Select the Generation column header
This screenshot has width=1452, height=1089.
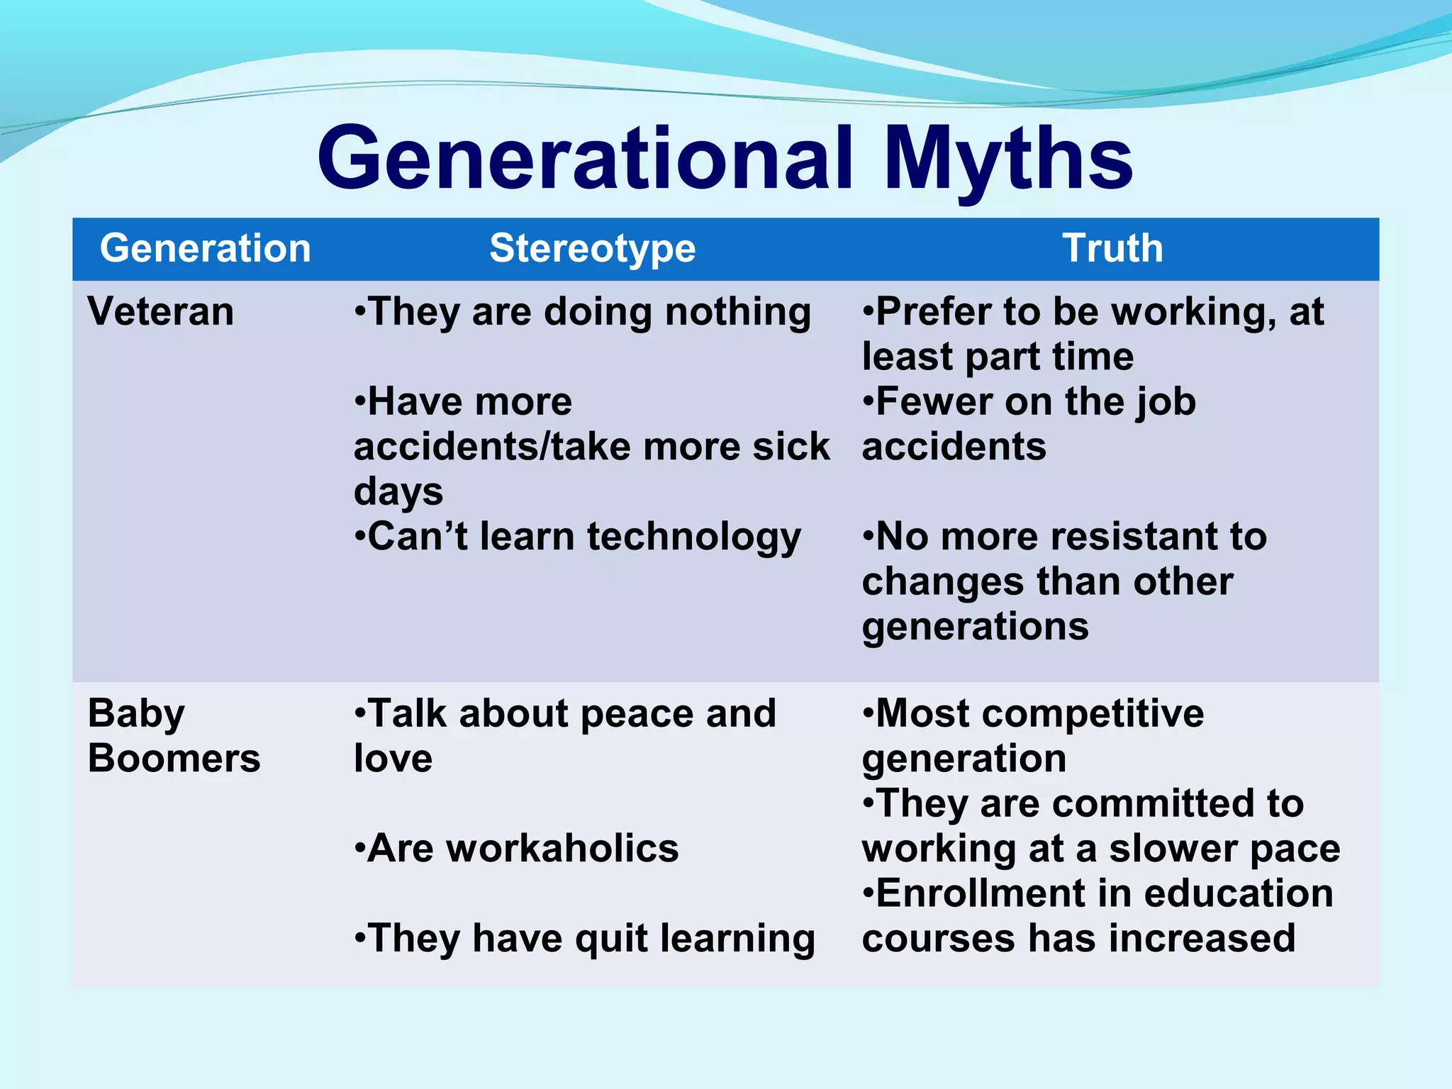point(206,248)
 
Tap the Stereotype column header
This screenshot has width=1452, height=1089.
point(593,248)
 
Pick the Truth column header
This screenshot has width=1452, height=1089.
point(1112,248)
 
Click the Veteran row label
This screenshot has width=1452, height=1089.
point(160,311)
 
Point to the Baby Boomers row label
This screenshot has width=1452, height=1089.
point(174,735)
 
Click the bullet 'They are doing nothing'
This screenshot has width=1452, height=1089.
point(583,311)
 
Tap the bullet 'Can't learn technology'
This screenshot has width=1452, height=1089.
point(578,536)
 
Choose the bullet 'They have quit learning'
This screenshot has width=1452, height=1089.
point(585,938)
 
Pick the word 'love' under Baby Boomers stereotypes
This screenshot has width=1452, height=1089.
point(393,758)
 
